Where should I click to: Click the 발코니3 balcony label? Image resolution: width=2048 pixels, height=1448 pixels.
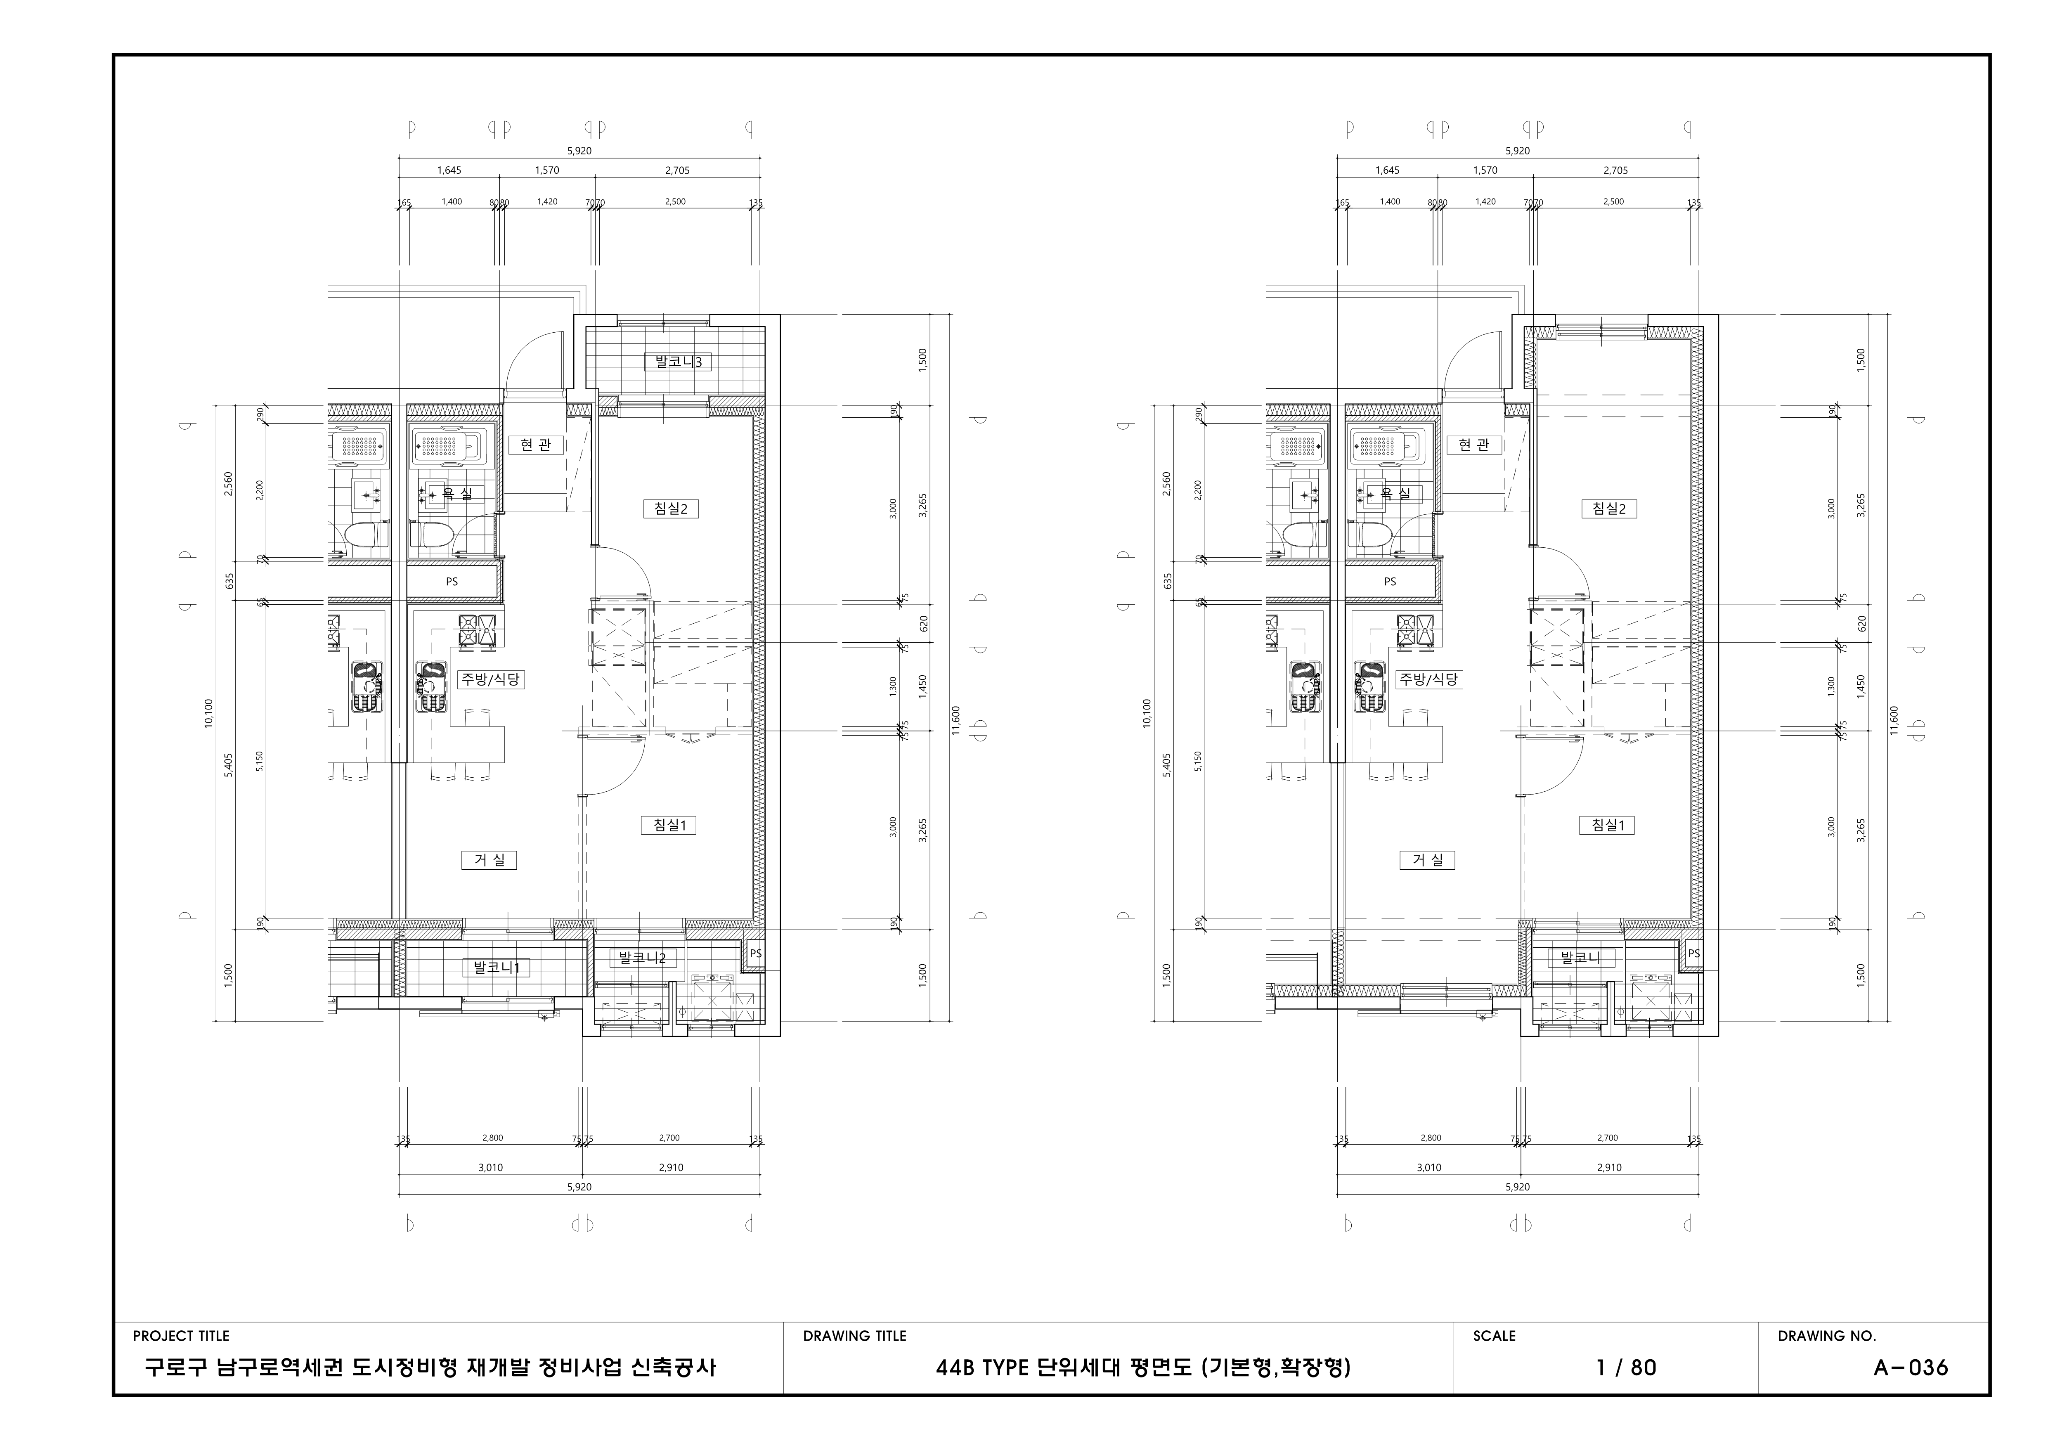tap(678, 361)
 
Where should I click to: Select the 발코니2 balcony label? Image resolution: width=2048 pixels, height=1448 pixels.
tap(642, 957)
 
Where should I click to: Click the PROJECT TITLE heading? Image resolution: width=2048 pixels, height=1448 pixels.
tap(181, 1336)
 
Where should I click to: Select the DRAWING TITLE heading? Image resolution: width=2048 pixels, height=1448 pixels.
tap(854, 1336)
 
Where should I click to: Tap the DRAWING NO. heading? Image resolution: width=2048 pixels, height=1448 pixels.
tap(1827, 1336)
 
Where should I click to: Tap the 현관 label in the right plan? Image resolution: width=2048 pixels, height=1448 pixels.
tap(1473, 444)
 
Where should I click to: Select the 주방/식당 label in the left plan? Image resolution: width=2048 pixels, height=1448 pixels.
tap(491, 679)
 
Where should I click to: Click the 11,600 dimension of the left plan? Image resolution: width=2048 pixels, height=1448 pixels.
tap(955, 721)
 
